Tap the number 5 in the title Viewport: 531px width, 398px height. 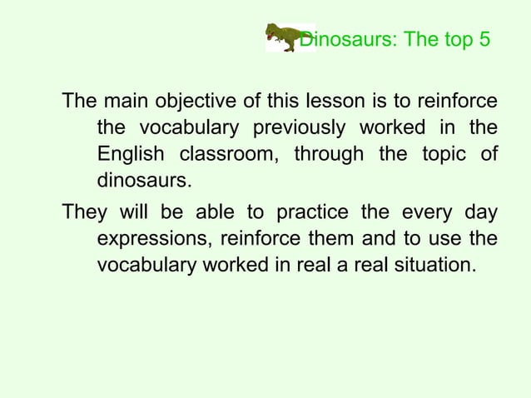(x=484, y=39)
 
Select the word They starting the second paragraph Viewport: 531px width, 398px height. (x=85, y=213)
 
